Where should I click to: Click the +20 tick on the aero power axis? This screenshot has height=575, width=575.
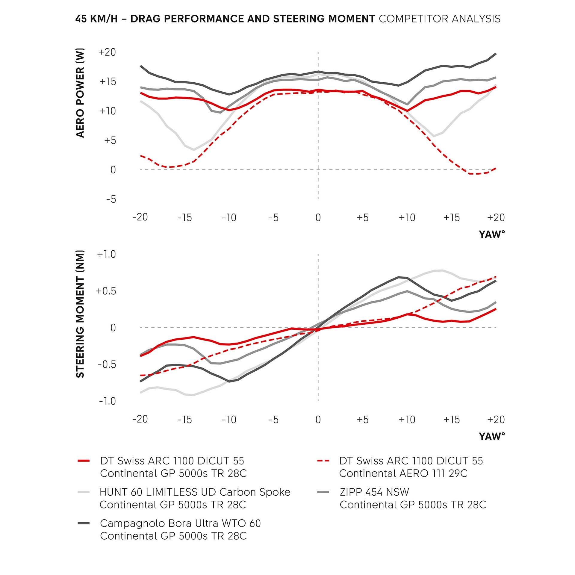(107, 52)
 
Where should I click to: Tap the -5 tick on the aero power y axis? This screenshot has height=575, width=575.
(111, 199)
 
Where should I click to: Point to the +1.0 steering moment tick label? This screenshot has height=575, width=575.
(106, 254)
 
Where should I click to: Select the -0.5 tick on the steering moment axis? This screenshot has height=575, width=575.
(107, 364)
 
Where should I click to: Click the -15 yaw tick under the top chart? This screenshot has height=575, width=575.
(184, 217)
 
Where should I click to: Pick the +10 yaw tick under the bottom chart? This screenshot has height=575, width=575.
(407, 419)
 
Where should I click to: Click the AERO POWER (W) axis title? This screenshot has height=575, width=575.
(80, 93)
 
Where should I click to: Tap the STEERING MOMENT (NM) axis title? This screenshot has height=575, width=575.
(80, 314)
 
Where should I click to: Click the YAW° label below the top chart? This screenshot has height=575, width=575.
(492, 234)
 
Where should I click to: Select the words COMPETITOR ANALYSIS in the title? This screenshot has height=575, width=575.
(439, 19)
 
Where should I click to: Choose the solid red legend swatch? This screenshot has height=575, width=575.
(84, 461)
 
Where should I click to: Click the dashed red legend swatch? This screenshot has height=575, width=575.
(323, 461)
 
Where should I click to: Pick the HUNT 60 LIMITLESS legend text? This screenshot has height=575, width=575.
(195, 492)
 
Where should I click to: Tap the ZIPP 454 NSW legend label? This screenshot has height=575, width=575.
(374, 492)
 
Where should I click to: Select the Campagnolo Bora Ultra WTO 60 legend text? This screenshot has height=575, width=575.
(180, 523)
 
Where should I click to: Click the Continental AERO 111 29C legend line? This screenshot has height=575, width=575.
(403, 473)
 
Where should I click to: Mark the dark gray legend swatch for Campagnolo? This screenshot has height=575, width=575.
(84, 523)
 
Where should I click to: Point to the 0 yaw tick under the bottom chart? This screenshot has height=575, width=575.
(318, 419)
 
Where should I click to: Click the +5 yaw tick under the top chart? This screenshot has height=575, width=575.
(362, 217)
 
